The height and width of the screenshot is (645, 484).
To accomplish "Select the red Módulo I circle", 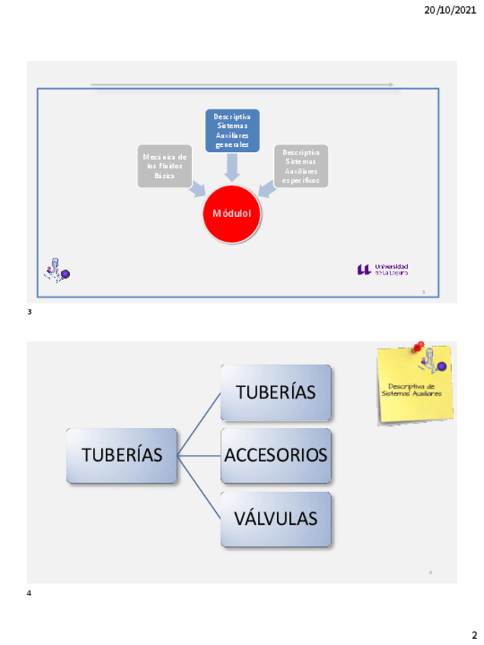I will click(x=232, y=214).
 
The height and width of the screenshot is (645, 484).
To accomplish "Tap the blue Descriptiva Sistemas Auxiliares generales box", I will click(x=232, y=130).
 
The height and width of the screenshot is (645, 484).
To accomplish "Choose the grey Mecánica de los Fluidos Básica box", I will click(x=164, y=166).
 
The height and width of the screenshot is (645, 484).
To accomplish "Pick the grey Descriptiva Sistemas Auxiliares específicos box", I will click(x=301, y=166).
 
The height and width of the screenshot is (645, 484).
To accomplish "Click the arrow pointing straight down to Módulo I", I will click(x=232, y=167).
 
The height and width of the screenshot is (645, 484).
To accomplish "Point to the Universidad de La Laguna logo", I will click(x=382, y=269).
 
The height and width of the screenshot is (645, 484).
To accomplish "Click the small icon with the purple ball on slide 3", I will click(x=56, y=270).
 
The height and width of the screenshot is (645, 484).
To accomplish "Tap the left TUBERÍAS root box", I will click(x=122, y=456).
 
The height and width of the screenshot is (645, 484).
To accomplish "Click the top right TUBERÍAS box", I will click(x=275, y=392).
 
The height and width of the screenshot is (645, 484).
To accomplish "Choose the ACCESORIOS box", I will click(x=275, y=456).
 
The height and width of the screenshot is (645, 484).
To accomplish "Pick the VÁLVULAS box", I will click(x=275, y=519).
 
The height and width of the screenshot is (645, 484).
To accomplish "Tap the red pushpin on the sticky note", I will click(x=418, y=347).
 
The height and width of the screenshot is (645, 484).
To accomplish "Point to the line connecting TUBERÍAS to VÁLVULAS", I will click(x=199, y=488).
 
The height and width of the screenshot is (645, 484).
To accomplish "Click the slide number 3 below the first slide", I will click(x=30, y=312).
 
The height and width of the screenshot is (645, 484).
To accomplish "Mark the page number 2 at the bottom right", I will click(x=474, y=634).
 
